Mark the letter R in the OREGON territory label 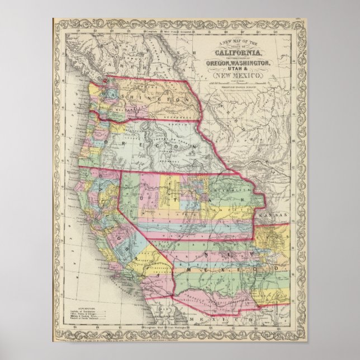(x=122, y=143)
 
